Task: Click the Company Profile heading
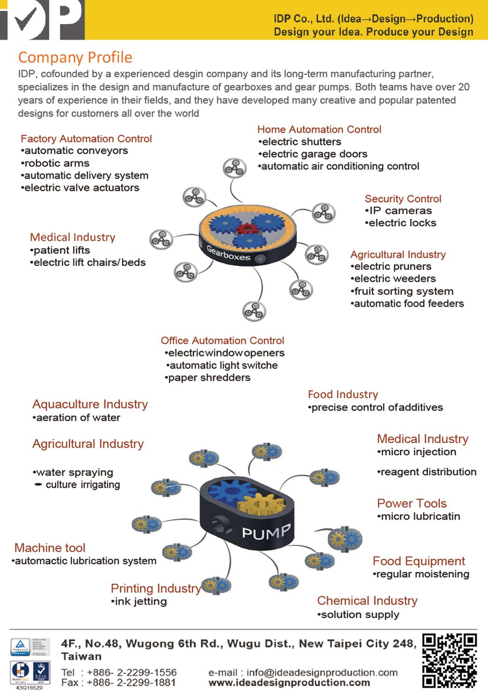tap(75, 57)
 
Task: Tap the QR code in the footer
tap(450, 660)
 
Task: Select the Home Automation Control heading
tap(319, 129)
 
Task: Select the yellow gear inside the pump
tap(261, 506)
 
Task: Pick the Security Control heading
tap(403, 199)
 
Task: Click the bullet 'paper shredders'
tap(209, 378)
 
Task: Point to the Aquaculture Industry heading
tap(90, 404)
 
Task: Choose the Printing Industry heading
tap(156, 588)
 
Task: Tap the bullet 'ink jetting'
tap(140, 602)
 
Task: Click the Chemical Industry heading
tap(367, 601)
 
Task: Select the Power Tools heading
tap(412, 503)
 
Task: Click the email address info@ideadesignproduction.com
tap(321, 673)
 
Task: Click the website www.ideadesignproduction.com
tap(289, 683)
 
